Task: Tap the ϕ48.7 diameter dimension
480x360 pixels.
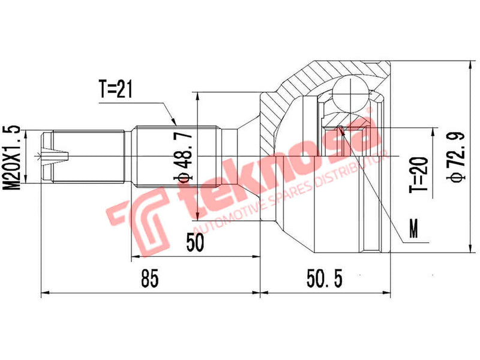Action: pos(186,158)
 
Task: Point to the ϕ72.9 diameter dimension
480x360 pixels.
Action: pos(457,158)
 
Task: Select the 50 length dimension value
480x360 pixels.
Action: pos(195,243)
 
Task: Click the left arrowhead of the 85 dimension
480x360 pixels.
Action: pos(43,294)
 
